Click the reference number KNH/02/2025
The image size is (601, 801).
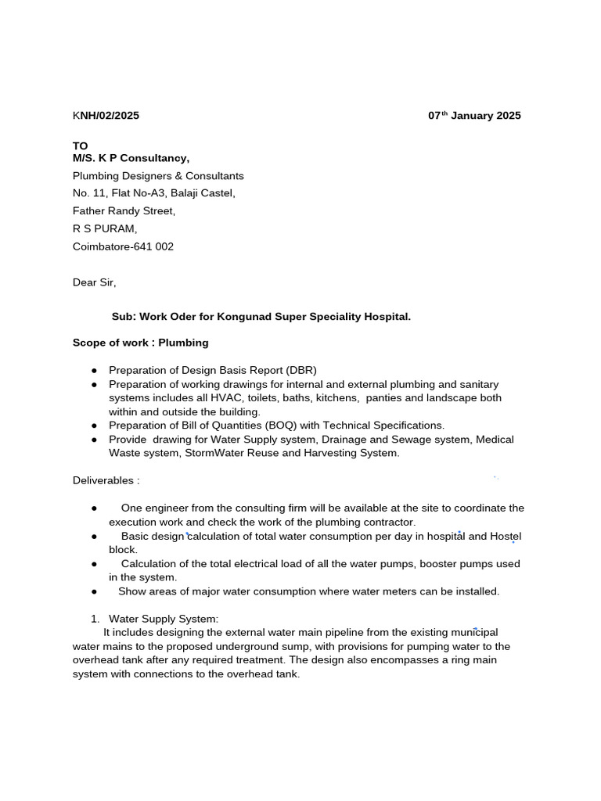[106, 116]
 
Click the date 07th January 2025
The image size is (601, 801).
[474, 116]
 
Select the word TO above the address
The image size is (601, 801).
[81, 146]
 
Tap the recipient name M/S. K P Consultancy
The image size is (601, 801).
[131, 159]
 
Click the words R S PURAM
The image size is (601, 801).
[105, 228]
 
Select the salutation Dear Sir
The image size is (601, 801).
[94, 282]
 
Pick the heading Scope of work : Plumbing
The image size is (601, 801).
[140, 343]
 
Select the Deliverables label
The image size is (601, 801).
[106, 480]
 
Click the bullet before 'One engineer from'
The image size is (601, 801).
[94, 508]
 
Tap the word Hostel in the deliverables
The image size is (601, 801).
[505, 536]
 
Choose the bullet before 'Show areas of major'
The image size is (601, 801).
[94, 591]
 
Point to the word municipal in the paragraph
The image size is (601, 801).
[473, 632]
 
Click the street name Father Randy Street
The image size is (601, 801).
[124, 211]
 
